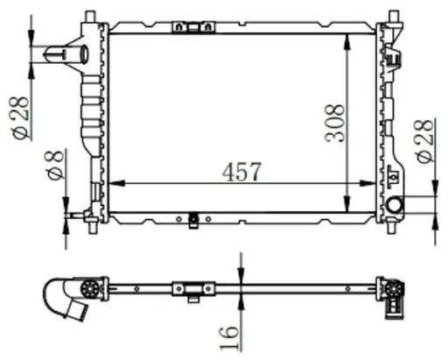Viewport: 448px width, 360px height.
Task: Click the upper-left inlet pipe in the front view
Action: [70, 56]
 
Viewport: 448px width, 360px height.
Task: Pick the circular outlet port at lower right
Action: [394, 206]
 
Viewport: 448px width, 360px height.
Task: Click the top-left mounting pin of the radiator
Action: [91, 15]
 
